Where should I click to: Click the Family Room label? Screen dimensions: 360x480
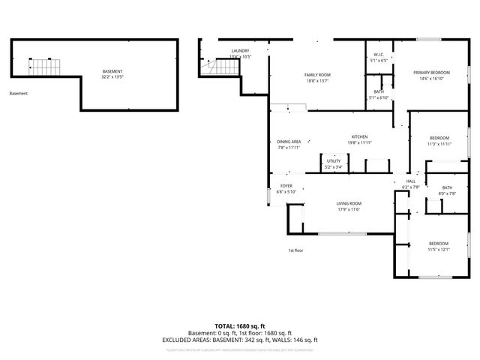318,76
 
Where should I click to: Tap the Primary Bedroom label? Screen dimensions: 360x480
430,73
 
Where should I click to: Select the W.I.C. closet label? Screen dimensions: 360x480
379,55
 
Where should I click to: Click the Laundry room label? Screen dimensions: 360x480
240,51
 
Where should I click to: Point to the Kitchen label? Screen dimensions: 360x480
359,137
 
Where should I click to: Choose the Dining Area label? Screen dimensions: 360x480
289,142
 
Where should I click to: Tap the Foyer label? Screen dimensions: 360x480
286,186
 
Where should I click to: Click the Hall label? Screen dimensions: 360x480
410,181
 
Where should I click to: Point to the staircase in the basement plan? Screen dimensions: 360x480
44,67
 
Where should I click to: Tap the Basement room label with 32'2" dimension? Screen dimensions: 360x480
112,72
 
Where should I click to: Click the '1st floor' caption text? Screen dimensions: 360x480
295,250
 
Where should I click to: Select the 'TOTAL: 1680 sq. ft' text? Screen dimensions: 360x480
240,326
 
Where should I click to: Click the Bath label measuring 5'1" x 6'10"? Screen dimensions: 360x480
379,92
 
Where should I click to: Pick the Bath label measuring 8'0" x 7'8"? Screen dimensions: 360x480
447,188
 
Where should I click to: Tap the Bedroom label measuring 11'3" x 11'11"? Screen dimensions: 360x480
439,138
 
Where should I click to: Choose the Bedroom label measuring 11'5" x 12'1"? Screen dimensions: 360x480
438,244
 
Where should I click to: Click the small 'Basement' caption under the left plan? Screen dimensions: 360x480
19,94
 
